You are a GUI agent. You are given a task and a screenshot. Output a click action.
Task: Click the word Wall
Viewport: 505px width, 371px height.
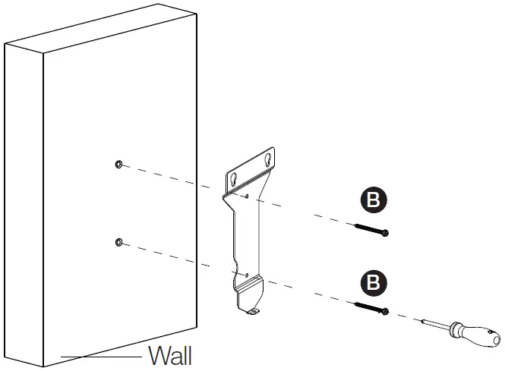click(170, 355)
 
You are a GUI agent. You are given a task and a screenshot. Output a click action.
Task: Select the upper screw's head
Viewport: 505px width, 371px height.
click(386, 231)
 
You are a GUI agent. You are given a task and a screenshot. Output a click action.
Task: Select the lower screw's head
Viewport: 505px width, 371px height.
click(386, 311)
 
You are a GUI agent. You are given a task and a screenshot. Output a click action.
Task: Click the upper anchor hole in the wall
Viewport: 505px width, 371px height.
click(118, 164)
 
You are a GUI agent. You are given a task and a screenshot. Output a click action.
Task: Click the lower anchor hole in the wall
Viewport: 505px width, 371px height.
click(118, 242)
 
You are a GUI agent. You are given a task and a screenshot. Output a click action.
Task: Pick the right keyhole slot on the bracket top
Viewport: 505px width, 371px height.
click(267, 161)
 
